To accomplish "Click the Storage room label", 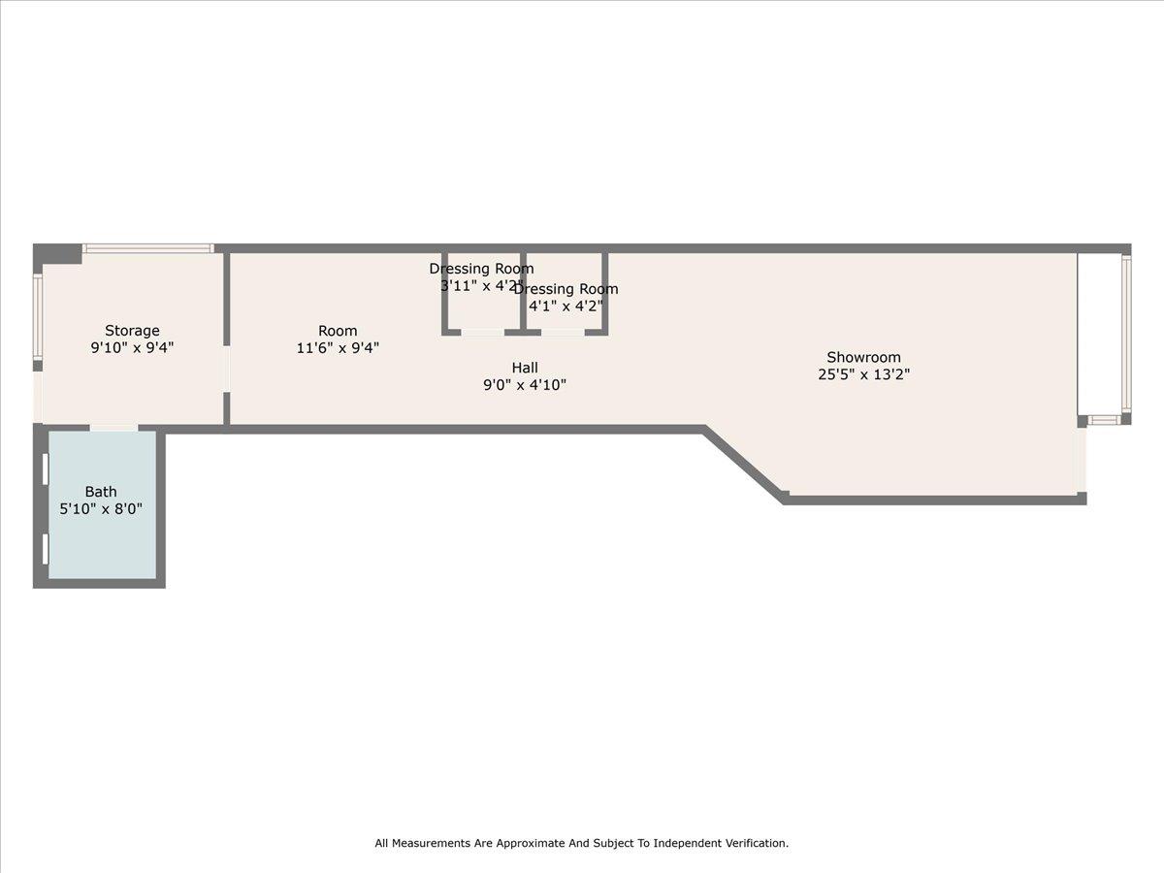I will coord(132,331).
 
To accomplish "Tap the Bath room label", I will coord(101,492).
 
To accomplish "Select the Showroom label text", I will coord(863,357).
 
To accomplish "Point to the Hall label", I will coord(525,368).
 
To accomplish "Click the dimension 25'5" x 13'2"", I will coord(863,374).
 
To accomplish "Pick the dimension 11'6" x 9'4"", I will coord(338,347).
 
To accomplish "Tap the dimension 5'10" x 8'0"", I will coord(101,508).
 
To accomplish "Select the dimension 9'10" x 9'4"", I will coord(132,347).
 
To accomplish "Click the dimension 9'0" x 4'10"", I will coord(525,385).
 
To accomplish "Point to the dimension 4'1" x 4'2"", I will coord(566,307).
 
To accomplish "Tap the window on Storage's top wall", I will coord(147,248).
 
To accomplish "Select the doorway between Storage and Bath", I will coord(113,427).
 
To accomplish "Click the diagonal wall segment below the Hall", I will coord(744,464).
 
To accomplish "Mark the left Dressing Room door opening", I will coord(482,333).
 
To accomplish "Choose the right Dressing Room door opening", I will coord(563,333).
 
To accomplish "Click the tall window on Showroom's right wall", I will coord(1126,332).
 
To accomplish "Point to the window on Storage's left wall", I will coord(38,317).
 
